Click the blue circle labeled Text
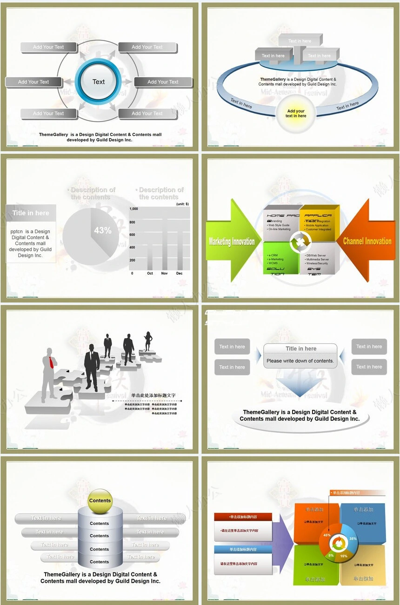(99, 81)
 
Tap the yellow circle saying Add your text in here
(296, 114)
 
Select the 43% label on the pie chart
(102, 230)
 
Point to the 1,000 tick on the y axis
(133, 209)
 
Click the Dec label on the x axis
(180, 274)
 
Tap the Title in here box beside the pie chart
(31, 213)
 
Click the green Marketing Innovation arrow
(232, 241)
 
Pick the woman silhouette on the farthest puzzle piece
(148, 341)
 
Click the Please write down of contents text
(300, 361)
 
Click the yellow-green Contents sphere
(100, 501)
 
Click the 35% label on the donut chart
(353, 538)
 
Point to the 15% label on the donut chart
(344, 556)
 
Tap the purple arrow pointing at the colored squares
(282, 542)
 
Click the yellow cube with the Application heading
(319, 223)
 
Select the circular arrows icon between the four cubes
(301, 242)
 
